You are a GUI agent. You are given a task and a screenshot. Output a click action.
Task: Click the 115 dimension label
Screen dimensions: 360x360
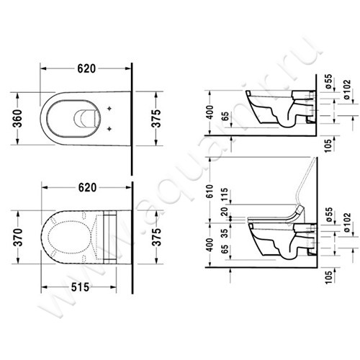coord(225,194)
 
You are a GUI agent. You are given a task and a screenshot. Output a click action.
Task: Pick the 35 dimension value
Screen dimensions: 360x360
coord(225,232)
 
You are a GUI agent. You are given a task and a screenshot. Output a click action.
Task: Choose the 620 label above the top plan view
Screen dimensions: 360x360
coord(86,71)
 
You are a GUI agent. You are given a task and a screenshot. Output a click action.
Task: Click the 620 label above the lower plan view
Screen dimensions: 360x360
coord(86,187)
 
